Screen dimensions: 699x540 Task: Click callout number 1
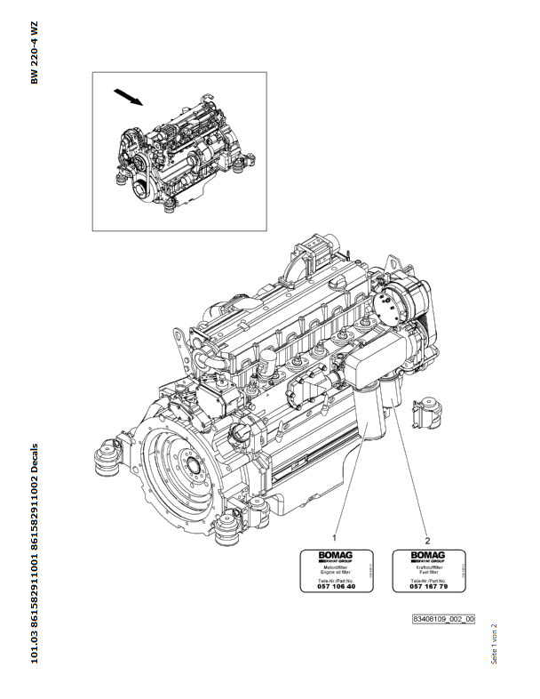pos(334,538)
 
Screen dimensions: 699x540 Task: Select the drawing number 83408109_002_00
pos(443,619)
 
